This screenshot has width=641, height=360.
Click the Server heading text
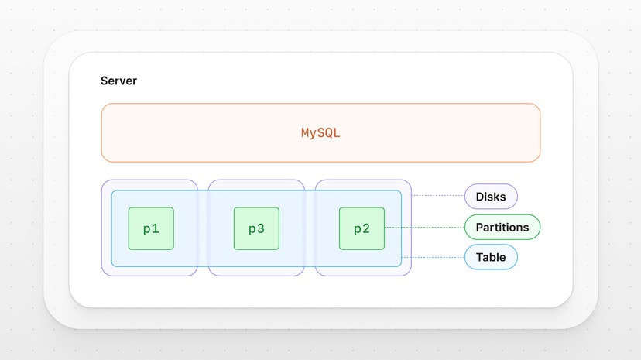click(118, 81)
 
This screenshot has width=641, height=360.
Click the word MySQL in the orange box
click(320, 132)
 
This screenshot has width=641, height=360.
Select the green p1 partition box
click(151, 228)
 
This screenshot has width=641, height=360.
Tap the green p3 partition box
click(256, 228)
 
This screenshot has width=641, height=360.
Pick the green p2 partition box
click(362, 228)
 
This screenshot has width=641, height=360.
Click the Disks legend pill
click(491, 197)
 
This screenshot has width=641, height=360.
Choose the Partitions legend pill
click(502, 227)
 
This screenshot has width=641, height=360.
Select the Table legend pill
click(491, 257)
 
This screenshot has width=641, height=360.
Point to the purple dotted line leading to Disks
click(437, 196)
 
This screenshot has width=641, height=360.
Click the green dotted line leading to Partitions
click(424, 228)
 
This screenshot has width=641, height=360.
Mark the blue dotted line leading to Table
click(433, 257)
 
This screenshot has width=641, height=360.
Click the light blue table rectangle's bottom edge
click(256, 266)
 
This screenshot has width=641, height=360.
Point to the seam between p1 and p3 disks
click(203, 228)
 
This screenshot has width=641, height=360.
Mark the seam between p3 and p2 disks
click(309, 228)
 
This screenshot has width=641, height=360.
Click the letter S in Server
click(105, 81)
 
